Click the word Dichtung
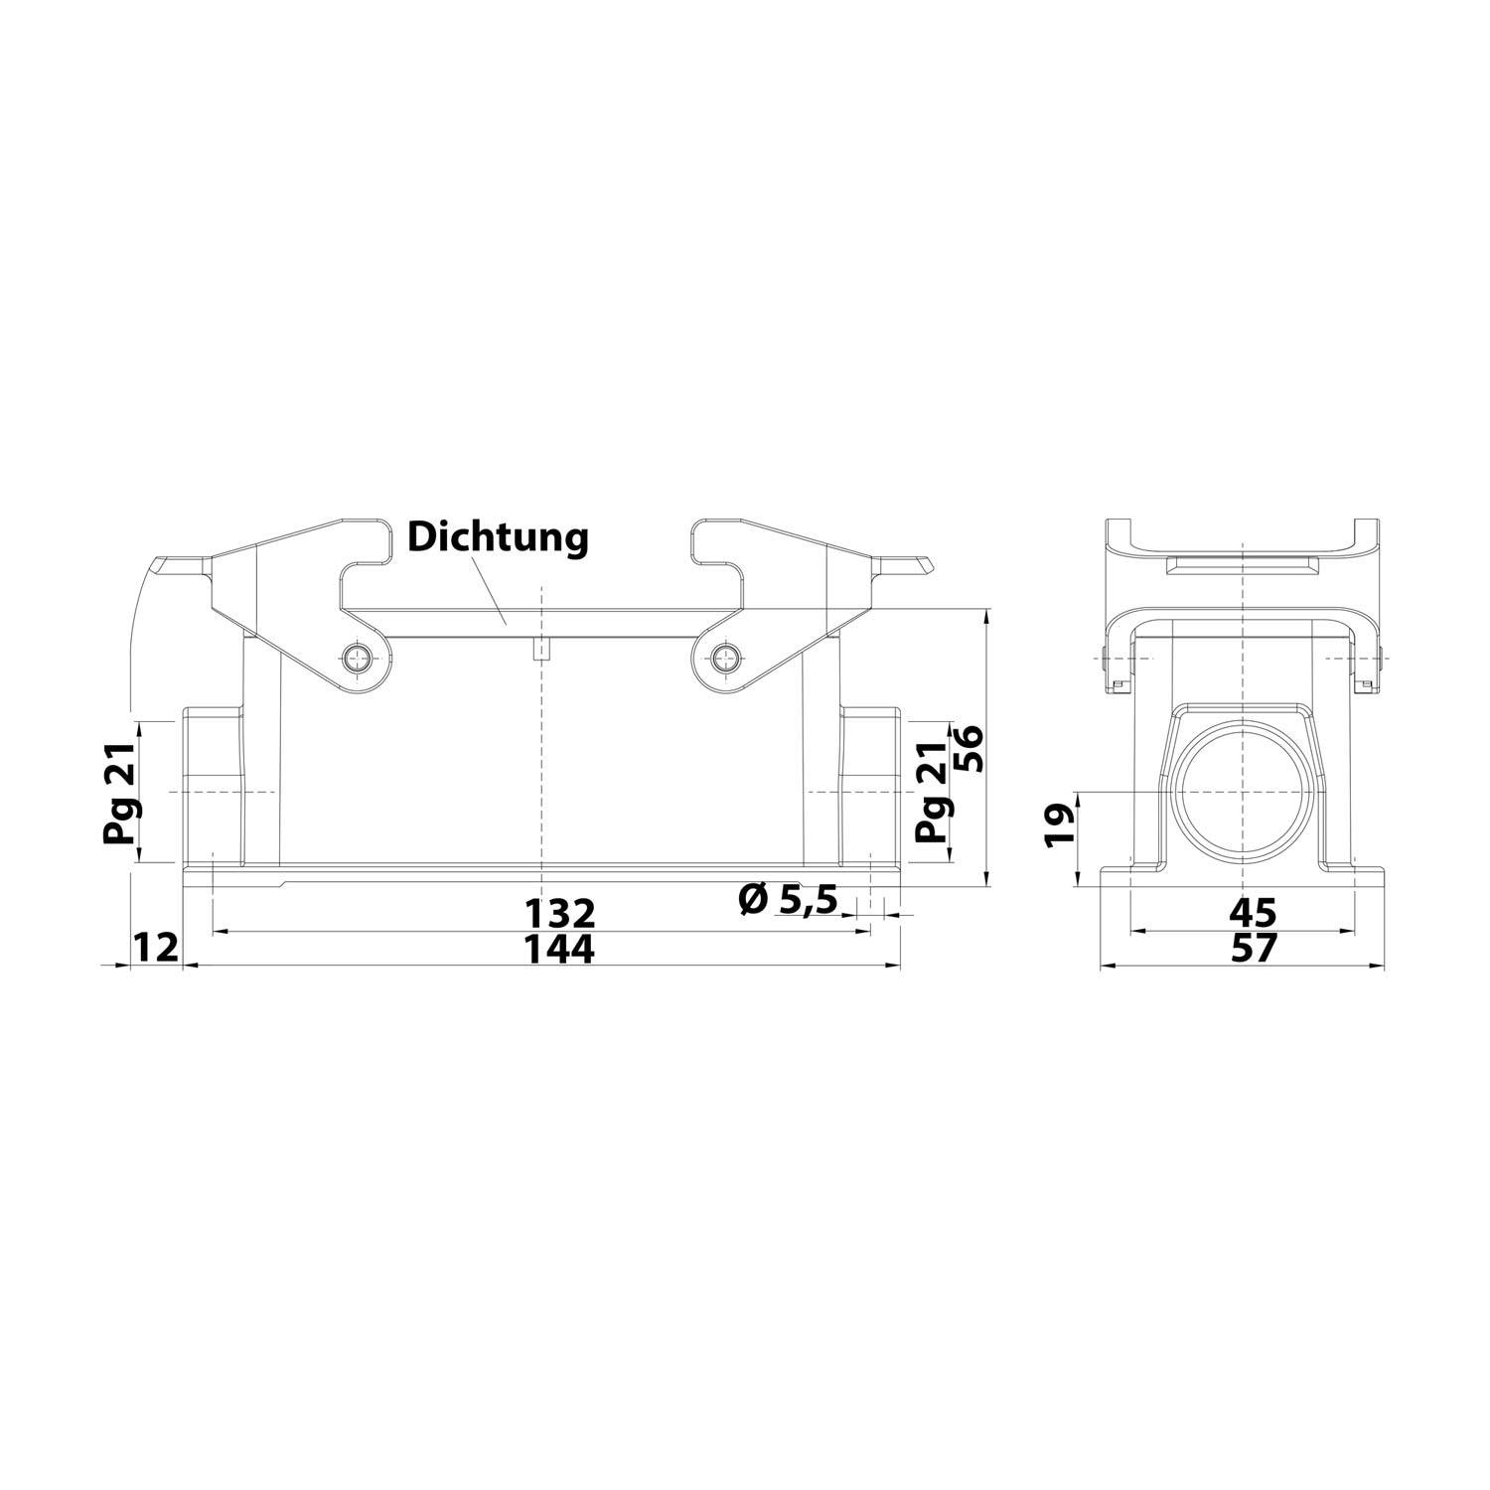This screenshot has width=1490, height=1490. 499,537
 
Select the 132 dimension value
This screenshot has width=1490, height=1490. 560,912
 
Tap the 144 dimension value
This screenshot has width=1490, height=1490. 560,950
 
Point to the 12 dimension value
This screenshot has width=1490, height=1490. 156,948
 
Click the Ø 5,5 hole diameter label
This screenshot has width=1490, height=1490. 789,900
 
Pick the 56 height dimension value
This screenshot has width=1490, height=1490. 968,748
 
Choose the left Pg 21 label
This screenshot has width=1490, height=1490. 120,792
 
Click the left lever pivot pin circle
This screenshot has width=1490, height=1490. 357,656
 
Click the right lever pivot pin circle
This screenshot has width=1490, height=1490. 726,656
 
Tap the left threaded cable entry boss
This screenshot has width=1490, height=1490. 213,785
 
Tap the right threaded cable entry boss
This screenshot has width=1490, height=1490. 870,785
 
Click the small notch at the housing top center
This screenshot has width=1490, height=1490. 541,651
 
